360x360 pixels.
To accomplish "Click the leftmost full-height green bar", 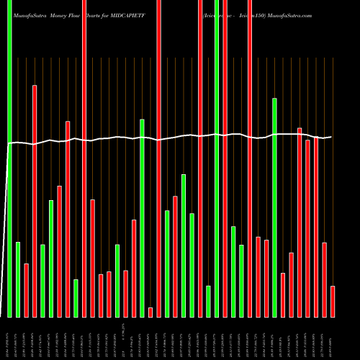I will [x=9, y=158].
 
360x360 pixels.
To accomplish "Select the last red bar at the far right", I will [x=333, y=301].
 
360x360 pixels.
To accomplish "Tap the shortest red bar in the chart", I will [x=150, y=312].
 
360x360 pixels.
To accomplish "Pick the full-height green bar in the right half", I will [x=217, y=158].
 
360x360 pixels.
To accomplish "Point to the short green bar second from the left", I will [x=18, y=279].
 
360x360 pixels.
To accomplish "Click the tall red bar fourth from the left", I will [x=35, y=201].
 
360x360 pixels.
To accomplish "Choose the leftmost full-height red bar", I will [x=84, y=158].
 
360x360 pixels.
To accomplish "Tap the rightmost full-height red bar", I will [x=250, y=158].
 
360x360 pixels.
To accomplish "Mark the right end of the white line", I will [x=331, y=137].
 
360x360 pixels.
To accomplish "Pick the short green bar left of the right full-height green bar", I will [x=208, y=301].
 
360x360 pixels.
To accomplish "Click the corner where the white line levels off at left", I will [x=9, y=144].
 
